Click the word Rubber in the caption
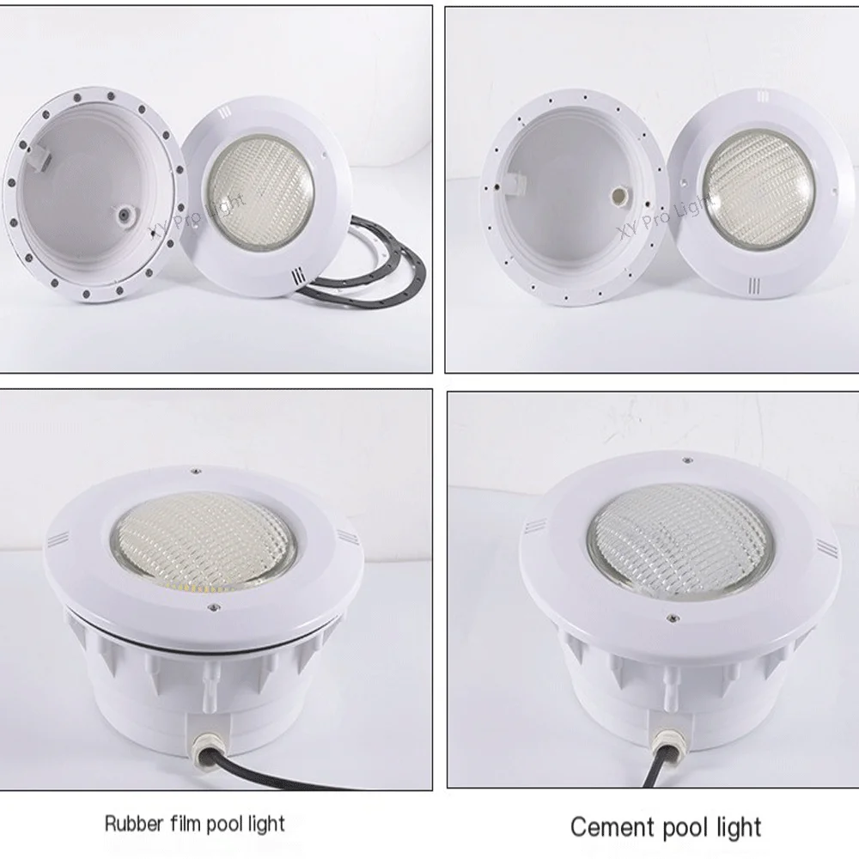pos(130,825)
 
